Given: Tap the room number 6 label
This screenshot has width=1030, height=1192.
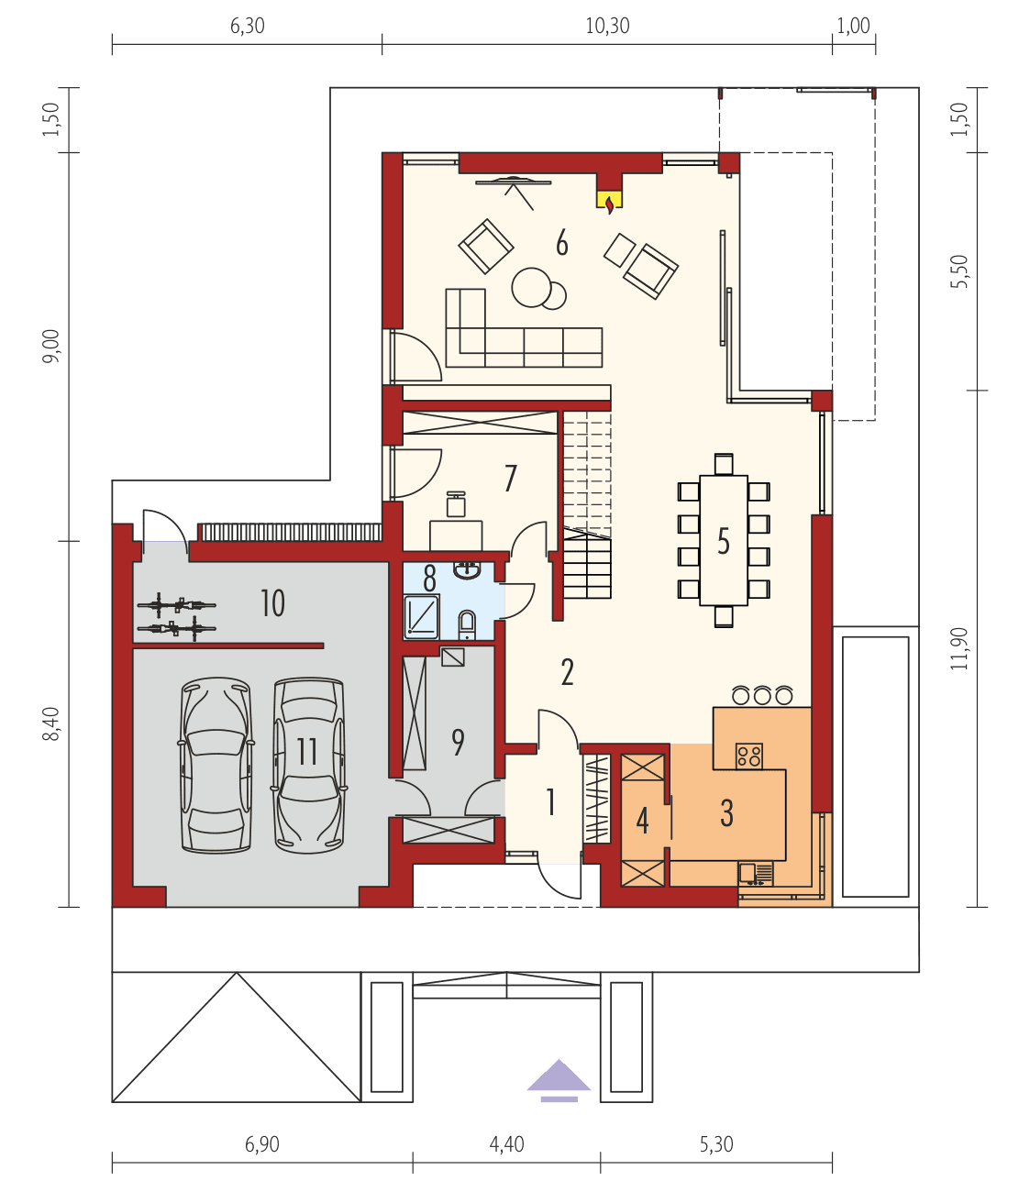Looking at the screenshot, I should (561, 244).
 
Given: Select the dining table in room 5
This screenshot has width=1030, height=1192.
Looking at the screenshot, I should (724, 541).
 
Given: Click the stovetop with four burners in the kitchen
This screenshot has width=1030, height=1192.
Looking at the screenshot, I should (749, 756).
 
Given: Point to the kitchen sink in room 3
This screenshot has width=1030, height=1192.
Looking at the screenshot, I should (748, 873).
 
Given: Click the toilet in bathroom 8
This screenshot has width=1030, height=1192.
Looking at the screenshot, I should (467, 625).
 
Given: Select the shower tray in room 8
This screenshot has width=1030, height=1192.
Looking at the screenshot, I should (422, 616).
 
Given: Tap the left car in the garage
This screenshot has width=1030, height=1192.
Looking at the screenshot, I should (216, 766).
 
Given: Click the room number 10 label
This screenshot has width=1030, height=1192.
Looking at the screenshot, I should (272, 603).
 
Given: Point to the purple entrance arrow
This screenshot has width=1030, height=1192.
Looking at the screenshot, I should (559, 1078).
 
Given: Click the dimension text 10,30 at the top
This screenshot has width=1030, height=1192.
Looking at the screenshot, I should (607, 27).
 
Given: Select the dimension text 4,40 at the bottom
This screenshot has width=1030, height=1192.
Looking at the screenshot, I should (506, 1144).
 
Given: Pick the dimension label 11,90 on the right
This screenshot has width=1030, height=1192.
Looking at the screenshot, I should (959, 649).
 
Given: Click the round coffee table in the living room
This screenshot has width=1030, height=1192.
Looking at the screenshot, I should (532, 286).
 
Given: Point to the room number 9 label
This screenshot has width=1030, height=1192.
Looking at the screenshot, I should (458, 742).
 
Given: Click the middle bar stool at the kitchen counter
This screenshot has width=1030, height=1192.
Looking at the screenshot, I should (762, 696).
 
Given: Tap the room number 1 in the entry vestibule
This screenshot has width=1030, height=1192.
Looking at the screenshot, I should (550, 802).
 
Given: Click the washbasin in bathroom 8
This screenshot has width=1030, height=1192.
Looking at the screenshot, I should (468, 571).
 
